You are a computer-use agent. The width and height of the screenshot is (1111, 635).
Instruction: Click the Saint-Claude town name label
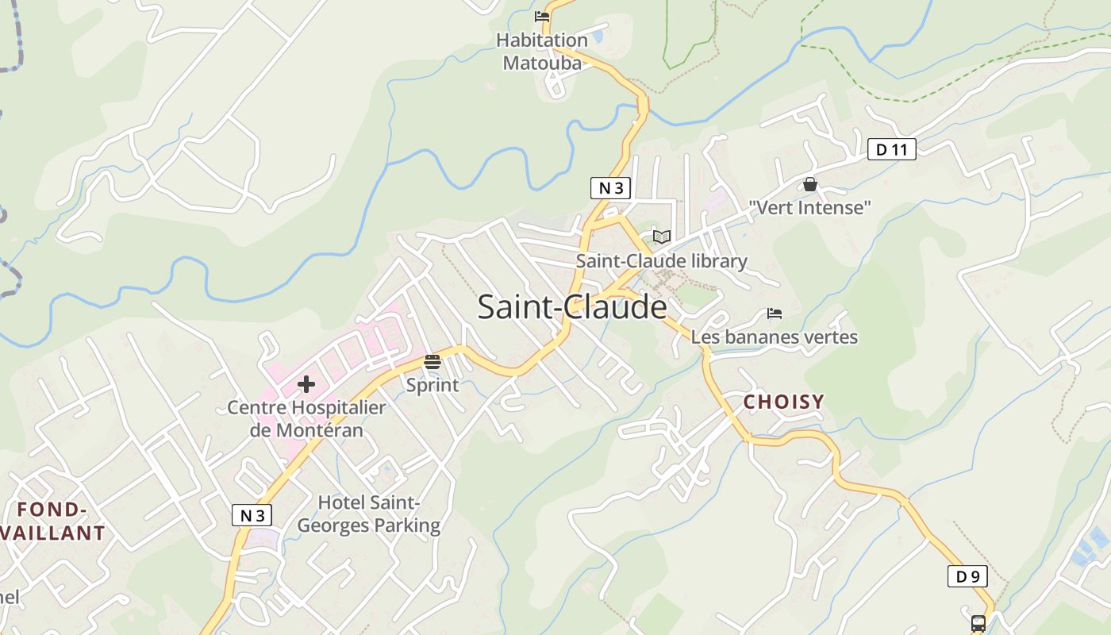click(571, 307)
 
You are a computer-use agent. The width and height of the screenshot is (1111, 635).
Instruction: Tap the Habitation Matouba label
click(542, 52)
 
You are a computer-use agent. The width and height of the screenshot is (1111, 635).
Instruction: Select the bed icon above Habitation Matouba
click(542, 16)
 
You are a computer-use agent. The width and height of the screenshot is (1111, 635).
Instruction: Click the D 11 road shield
click(891, 149)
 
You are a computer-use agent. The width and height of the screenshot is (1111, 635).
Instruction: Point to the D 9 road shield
click(967, 576)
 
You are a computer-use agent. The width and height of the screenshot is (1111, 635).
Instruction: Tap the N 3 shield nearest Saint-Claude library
click(610, 188)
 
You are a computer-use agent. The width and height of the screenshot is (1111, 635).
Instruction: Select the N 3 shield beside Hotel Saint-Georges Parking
click(252, 515)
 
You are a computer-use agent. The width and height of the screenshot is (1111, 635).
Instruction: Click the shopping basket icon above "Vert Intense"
click(810, 184)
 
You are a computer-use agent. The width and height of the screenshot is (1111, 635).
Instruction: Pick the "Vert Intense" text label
click(810, 208)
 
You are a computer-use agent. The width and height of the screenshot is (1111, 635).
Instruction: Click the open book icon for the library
click(661, 237)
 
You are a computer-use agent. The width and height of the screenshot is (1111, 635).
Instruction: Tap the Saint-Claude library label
click(661, 261)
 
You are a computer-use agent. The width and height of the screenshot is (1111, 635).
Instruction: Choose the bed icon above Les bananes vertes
click(775, 314)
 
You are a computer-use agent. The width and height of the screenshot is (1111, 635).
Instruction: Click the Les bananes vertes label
click(775, 337)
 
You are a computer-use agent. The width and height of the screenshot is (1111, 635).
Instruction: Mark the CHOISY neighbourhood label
click(783, 402)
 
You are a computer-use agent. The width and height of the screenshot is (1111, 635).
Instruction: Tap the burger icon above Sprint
click(432, 362)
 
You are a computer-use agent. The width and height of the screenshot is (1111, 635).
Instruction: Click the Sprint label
click(432, 386)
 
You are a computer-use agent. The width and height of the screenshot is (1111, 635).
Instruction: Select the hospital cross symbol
click(306, 385)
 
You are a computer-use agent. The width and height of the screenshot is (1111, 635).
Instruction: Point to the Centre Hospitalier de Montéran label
click(306, 419)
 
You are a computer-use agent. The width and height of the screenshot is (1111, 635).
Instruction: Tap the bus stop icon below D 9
click(978, 623)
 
